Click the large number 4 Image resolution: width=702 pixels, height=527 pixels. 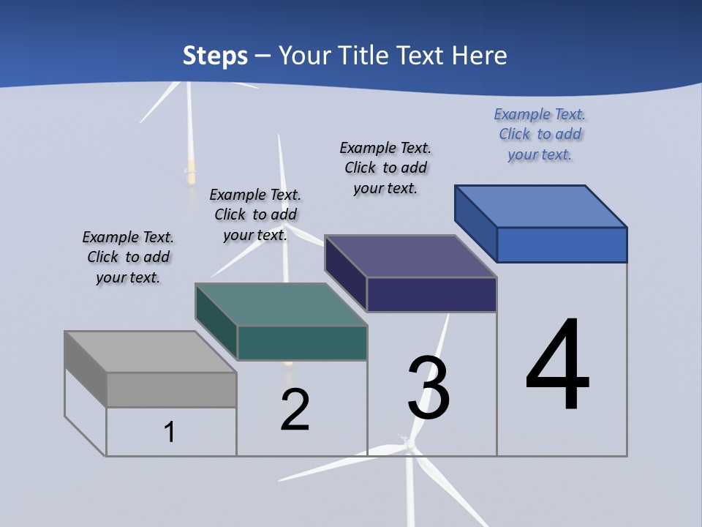pos(557,366)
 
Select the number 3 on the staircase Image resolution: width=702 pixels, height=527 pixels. pos(428,389)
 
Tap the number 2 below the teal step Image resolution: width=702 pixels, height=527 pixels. pos(295,410)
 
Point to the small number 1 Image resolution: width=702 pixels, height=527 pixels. pos(169,432)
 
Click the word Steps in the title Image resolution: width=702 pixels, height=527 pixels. pos(215,56)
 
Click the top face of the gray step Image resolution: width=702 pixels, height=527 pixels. pos(150,352)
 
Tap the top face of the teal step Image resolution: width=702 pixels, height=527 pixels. pos(281,304)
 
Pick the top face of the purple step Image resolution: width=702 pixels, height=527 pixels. pos(410,256)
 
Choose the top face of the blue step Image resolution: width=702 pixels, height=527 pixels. pos(541,206)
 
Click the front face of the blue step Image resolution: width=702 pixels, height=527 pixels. pos(562,244)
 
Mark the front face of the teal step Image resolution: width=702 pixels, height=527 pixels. pos(302,343)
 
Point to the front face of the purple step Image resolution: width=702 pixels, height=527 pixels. pos(431,294)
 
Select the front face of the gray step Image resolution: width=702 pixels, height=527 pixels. pos(171,389)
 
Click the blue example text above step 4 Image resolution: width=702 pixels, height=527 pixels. pos(540,135)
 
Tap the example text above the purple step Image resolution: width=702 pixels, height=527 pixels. pos(385,168)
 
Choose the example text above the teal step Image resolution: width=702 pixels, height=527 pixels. pos(255,214)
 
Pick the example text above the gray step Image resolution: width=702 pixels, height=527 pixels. pos(128,257)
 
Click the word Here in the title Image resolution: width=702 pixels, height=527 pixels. pos(480,56)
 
